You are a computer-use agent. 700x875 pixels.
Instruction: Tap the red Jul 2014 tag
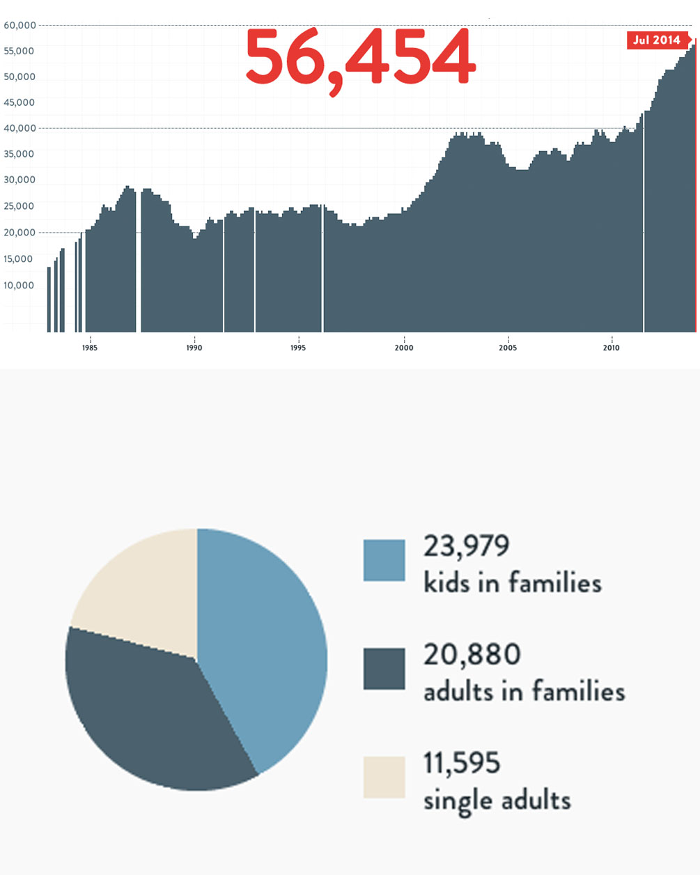point(657,40)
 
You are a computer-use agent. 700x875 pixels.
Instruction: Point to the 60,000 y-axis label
point(20,25)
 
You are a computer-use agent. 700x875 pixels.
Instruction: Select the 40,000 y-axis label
point(20,128)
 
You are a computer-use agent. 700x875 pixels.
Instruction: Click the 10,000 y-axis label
point(20,285)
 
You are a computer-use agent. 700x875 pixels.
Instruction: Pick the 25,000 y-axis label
point(20,206)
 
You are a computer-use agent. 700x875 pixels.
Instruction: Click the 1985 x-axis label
point(90,348)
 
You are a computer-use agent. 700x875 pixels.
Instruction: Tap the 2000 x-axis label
point(404,348)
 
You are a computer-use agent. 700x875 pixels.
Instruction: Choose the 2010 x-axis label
point(611,348)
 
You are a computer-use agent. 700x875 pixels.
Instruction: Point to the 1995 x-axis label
point(298,348)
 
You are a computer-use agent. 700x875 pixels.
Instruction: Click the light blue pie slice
point(268,641)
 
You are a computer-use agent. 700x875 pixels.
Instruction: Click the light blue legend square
point(384,560)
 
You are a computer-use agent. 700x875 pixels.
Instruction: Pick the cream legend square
point(384,777)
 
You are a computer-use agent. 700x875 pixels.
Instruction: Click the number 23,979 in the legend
point(466,545)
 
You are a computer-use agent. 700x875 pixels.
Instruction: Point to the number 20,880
point(472,655)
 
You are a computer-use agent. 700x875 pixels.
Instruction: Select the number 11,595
point(462,764)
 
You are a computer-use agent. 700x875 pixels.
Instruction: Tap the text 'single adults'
point(497,800)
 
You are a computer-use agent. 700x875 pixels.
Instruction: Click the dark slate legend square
point(384,669)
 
